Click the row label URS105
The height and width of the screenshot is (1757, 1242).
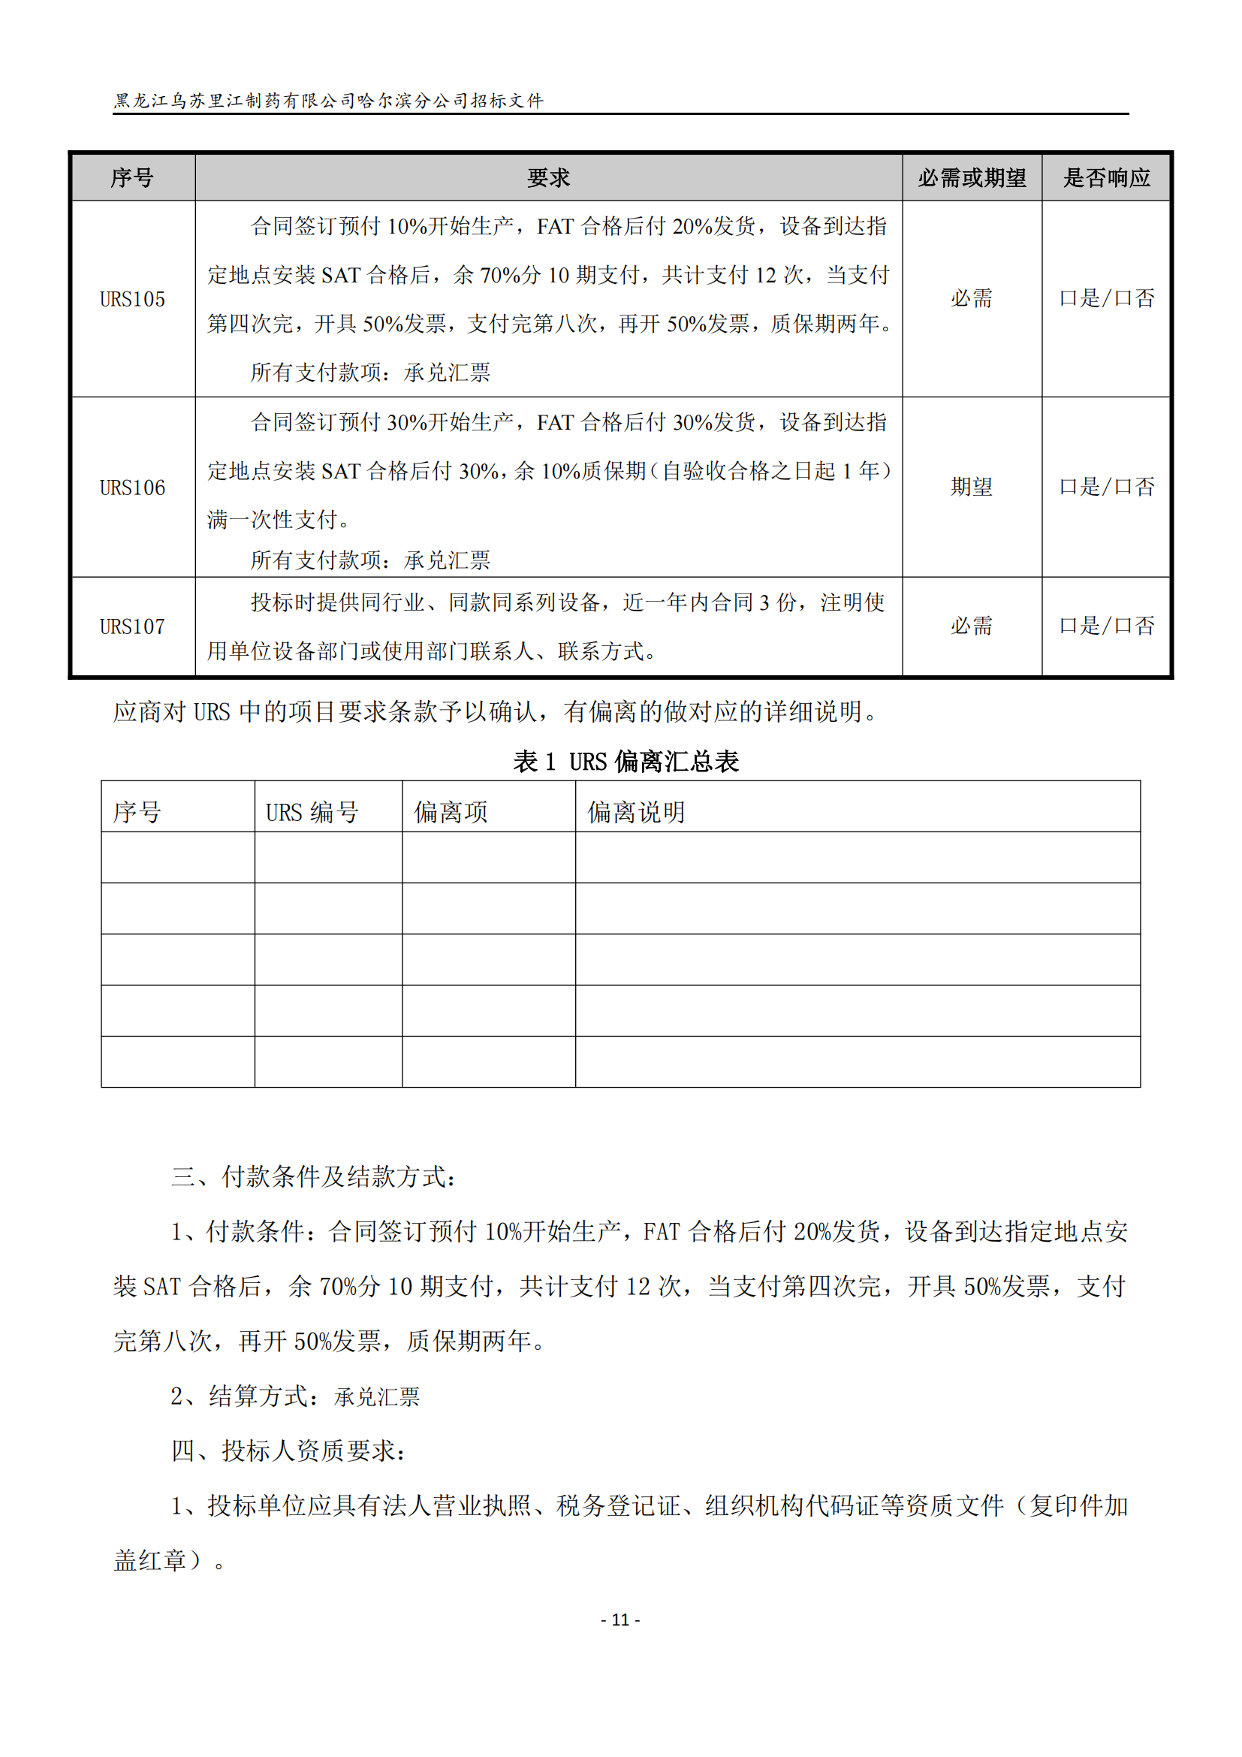pos(132,299)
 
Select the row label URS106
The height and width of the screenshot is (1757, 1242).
pos(132,488)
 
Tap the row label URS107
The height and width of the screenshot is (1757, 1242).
pos(132,626)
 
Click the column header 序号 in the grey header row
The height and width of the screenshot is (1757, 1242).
pos(132,178)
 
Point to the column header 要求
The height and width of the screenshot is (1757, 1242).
pos(548,178)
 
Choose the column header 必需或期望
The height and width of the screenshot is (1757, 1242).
pos(971,178)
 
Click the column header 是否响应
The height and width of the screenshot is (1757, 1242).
pos(1106,178)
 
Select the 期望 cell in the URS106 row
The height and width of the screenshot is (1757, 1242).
pos(971,487)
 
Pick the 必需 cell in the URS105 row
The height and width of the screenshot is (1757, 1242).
pos(971,298)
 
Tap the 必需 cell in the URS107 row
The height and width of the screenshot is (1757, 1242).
pos(971,626)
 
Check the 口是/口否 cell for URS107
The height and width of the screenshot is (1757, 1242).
pos(1106,626)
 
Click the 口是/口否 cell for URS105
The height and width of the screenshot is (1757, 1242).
pos(1106,298)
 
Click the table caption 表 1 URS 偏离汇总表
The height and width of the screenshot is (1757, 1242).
pos(625,762)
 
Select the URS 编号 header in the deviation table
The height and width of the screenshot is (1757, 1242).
pos(312,812)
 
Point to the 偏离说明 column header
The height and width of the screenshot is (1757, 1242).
pos(635,812)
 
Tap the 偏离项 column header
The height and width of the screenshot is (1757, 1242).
pos(451,812)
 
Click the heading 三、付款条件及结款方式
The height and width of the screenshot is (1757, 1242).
pos(314,1177)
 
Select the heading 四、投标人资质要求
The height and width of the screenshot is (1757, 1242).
pos(289,1450)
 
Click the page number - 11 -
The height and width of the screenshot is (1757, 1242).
pos(620,1620)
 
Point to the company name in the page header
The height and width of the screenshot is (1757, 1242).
pos(329,100)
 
